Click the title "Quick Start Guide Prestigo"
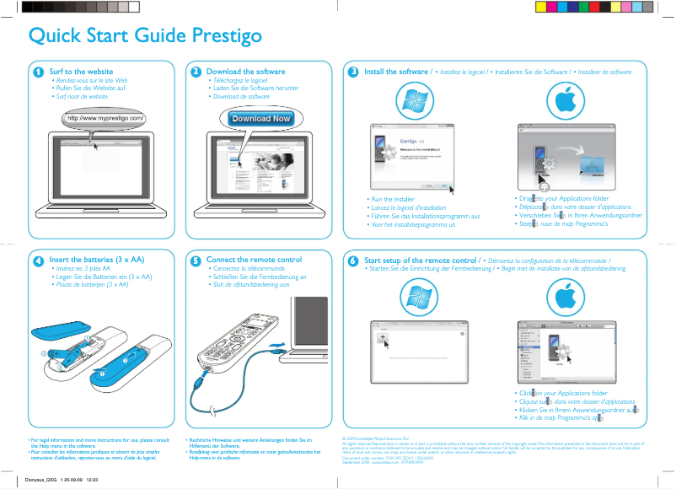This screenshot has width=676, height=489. [x=145, y=36]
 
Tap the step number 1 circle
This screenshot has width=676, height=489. [x=38, y=73]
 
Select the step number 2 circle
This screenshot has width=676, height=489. [x=196, y=73]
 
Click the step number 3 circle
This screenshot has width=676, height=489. [x=354, y=73]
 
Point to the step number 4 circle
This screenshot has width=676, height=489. [x=38, y=261]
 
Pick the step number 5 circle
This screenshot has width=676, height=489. [x=196, y=261]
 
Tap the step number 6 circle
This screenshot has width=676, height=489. [x=354, y=261]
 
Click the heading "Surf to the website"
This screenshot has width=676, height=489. [x=81, y=73]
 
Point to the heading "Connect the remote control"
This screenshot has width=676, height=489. [x=254, y=261]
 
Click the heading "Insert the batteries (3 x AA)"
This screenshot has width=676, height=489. [x=97, y=261]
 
